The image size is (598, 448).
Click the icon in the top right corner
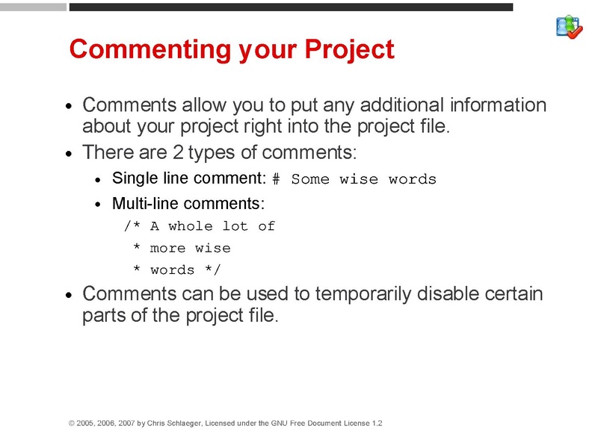coord(569,27)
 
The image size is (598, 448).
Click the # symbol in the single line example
coord(275,180)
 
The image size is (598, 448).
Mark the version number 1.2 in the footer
coord(377,423)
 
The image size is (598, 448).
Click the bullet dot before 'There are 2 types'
coord(70,155)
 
